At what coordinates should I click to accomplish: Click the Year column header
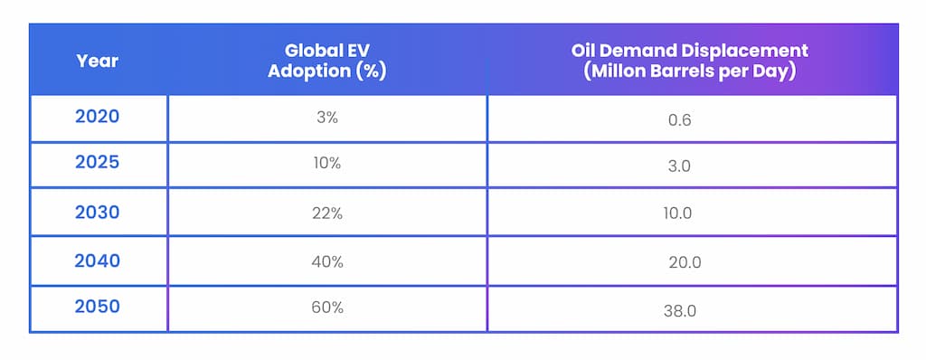[x=98, y=62]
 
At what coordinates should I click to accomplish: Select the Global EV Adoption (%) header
[x=327, y=62]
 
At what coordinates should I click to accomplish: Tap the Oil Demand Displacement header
[x=692, y=62]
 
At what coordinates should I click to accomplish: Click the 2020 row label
[x=98, y=117]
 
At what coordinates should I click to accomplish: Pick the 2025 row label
[x=98, y=164]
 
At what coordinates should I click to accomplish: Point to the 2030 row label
[x=98, y=212]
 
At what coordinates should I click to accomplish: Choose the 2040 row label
[x=98, y=261]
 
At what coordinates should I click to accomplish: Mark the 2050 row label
[x=98, y=307]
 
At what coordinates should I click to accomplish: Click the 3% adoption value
[x=327, y=118]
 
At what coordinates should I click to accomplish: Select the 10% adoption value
[x=327, y=165]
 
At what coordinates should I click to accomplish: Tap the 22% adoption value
[x=327, y=213]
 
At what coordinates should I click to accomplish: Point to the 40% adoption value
[x=327, y=261]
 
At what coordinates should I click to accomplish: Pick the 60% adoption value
[x=327, y=308]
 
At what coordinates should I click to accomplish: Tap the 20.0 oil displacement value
[x=683, y=262]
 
